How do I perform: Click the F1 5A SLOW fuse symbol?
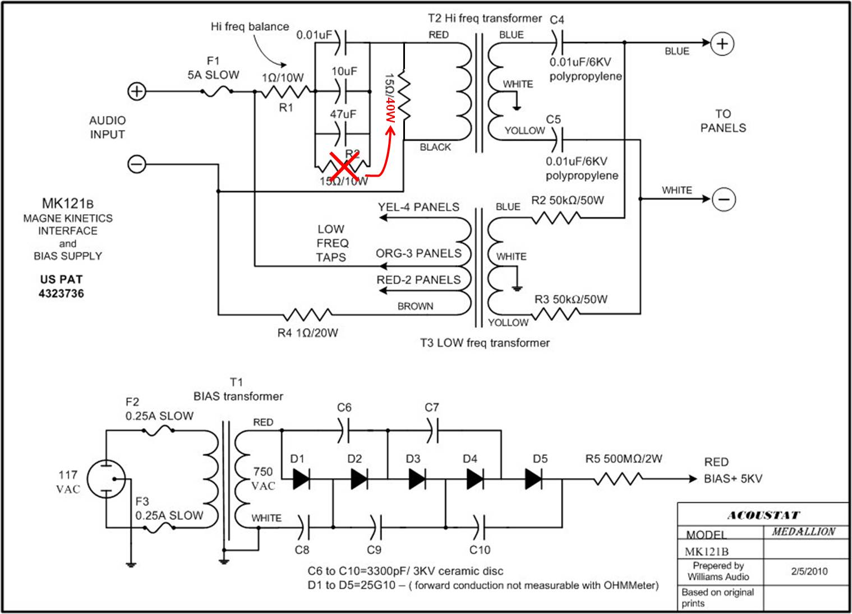pos(217,91)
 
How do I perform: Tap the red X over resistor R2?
pos(344,166)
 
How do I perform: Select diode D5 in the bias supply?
pos(533,479)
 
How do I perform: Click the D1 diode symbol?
pos(302,479)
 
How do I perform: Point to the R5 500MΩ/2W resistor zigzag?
pos(618,479)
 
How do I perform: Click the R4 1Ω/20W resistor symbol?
pos(308,315)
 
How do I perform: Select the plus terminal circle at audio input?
pos(136,91)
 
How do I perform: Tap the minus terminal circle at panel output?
pos(724,199)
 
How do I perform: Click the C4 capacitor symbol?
pos(558,43)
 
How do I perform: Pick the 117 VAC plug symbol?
pos(106,479)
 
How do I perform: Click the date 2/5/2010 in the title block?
pos(809,571)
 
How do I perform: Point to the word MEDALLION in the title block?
pos(804,531)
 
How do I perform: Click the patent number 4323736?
pos(61,293)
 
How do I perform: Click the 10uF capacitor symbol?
pos(342,91)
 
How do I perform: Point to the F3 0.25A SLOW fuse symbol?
pos(159,528)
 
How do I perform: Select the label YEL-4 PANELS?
pos(418,207)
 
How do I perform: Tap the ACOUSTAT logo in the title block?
pos(764,515)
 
